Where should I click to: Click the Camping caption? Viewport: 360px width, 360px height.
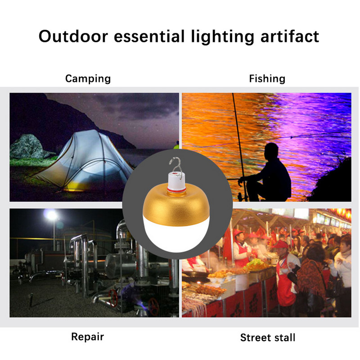[88, 79]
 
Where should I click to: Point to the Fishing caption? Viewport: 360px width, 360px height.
[267, 79]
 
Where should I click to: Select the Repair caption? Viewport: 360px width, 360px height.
[87, 336]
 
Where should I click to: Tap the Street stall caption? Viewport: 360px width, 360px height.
[268, 337]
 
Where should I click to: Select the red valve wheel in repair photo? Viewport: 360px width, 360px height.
[154, 306]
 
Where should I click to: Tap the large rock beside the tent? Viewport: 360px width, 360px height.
[27, 146]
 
